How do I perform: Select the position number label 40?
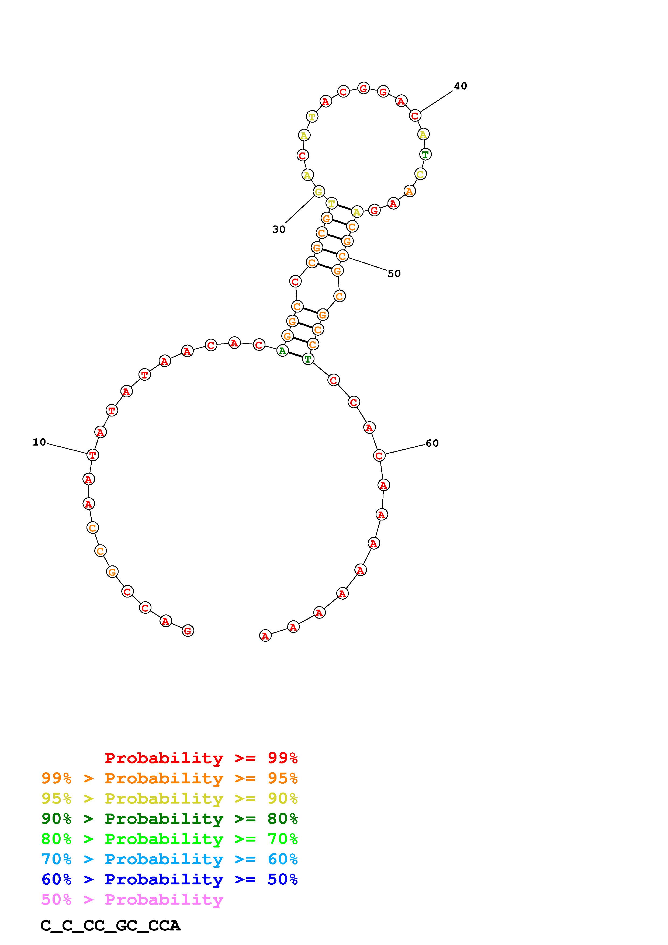tap(461, 86)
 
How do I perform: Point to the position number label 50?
tap(394, 273)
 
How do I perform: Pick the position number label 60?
tap(432, 443)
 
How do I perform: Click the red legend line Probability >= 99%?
tap(201, 758)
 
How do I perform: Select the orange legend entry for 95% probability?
tap(169, 778)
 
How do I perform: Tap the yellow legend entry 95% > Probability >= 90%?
tap(169, 798)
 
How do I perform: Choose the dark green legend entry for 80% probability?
tap(169, 819)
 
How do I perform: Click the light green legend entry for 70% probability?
tap(169, 839)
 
